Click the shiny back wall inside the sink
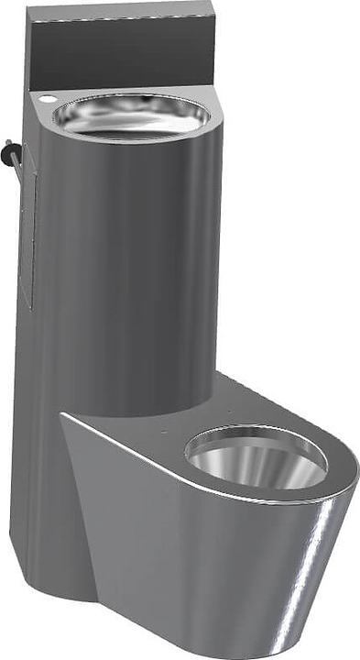tap(133, 106)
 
